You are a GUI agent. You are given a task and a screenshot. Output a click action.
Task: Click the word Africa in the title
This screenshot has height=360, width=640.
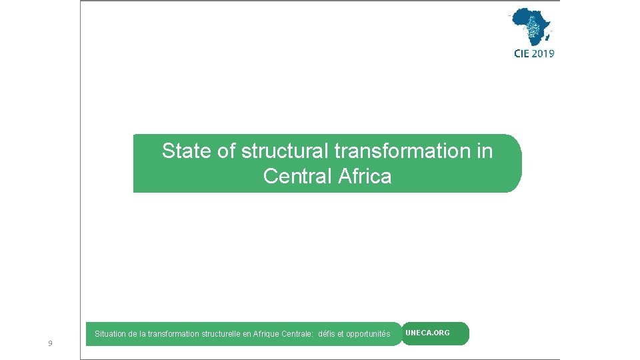click(365, 177)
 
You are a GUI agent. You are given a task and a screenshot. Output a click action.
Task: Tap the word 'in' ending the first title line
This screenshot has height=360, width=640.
click(485, 151)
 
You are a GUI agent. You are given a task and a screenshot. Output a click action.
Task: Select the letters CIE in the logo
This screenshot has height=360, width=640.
click(521, 54)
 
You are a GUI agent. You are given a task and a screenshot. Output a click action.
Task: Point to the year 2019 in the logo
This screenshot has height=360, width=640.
click(543, 54)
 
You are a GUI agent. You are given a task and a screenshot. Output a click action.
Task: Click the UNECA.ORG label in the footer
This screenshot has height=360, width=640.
click(427, 333)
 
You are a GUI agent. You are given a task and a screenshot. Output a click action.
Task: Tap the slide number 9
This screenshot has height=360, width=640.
click(50, 343)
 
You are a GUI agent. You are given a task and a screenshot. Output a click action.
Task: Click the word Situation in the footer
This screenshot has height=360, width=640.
click(109, 334)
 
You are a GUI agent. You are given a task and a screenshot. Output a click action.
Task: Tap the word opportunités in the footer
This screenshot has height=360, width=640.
click(368, 334)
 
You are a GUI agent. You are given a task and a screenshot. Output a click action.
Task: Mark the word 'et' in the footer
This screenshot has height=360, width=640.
click(341, 334)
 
